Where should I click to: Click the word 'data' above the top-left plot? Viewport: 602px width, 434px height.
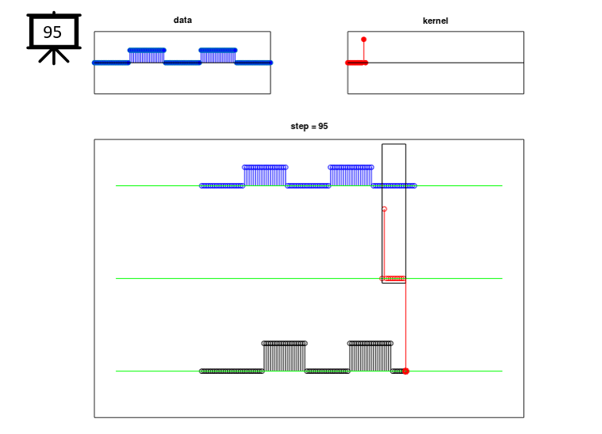(x=182, y=21)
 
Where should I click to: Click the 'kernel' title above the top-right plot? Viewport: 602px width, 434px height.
(x=435, y=21)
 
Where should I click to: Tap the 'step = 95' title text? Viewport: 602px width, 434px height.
(x=309, y=126)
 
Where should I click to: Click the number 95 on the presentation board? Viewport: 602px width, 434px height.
(x=52, y=32)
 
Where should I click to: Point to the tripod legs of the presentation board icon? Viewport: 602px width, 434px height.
(x=53, y=56)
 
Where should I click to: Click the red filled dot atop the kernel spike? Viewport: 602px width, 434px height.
(x=363, y=39)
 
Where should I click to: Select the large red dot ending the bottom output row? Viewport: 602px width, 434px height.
(x=405, y=371)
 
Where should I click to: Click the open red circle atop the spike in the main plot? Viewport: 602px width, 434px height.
(x=384, y=209)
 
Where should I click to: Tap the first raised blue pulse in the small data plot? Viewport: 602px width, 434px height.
(x=147, y=55)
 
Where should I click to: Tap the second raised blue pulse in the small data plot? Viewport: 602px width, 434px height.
(x=217, y=55)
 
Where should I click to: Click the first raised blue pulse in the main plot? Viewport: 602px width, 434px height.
(x=265, y=175)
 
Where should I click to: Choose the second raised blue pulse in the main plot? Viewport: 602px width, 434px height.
(x=351, y=175)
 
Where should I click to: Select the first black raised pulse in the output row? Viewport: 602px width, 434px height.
(x=284, y=356)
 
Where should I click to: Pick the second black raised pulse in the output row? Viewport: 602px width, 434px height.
(x=370, y=356)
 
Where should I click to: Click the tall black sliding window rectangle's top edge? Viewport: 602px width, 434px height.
(x=393, y=144)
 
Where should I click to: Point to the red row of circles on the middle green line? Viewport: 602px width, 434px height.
(x=394, y=279)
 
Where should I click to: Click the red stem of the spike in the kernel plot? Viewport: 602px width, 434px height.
(x=363, y=51)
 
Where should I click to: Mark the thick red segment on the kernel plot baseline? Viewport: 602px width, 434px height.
(x=356, y=63)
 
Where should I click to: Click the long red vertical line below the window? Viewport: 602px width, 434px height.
(x=405, y=325)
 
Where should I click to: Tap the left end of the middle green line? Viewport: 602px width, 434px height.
(x=117, y=278)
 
